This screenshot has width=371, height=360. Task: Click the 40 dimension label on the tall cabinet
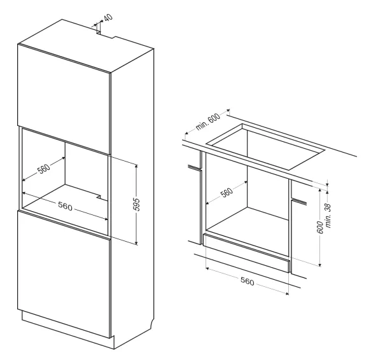coord(108,18)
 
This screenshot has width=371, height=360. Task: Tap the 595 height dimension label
coord(137,204)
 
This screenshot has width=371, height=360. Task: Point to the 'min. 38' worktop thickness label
coord(328,216)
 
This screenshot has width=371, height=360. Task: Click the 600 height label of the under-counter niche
coord(320,227)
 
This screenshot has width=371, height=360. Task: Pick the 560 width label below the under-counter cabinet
coord(248,282)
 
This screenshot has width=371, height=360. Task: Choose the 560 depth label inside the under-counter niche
coord(227,192)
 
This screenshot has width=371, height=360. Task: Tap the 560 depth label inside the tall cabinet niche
coord(44,169)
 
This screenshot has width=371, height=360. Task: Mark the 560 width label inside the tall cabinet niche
coord(65,206)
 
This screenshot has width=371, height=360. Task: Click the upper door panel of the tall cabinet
coord(64,99)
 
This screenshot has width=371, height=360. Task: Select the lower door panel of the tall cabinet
coord(64,274)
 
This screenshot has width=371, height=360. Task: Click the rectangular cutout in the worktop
coord(265,147)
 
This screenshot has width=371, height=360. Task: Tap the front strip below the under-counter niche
coord(246,253)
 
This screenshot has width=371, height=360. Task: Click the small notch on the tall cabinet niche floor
coord(99,197)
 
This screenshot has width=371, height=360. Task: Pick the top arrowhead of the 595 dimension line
coord(136,166)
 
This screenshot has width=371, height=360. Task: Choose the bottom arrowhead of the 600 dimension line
coord(320,265)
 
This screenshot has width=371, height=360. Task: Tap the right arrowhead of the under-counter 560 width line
coord(287,294)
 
